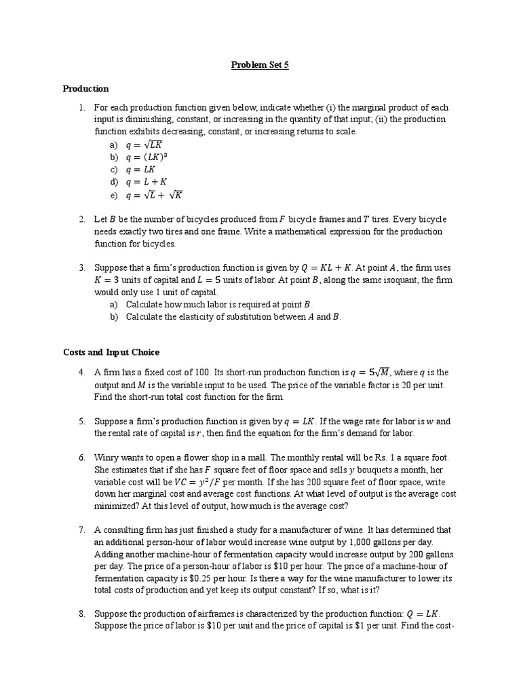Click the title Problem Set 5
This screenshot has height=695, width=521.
coord(260,65)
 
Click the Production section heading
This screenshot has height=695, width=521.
coord(85,89)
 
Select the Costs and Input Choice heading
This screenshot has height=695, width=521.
coord(111,352)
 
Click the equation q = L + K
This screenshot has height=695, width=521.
coord(146,183)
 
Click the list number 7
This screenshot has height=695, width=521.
coord(81,529)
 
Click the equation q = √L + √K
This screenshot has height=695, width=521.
coord(154,195)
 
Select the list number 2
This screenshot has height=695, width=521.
coord(81,219)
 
